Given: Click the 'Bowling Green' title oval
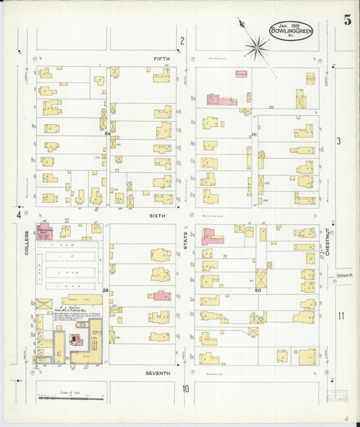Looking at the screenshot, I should pyautogui.click(x=291, y=30).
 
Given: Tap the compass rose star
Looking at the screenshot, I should pyautogui.click(x=257, y=47).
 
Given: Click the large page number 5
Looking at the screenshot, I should pyautogui.click(x=346, y=20).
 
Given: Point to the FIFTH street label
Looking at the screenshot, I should pyautogui.click(x=162, y=59).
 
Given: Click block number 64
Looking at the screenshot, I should pyautogui.click(x=107, y=134).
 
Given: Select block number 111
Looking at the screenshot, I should pyautogui.click(x=254, y=134).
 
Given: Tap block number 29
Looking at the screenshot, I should pyautogui.click(x=105, y=290).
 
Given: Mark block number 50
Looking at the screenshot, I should pyautogui.click(x=257, y=290).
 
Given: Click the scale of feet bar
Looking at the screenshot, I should pyautogui.click(x=70, y=398).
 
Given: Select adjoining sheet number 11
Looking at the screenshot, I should pyautogui.click(x=341, y=316).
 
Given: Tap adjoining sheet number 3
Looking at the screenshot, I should pyautogui.click(x=339, y=141).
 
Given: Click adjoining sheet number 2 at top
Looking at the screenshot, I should pyautogui.click(x=182, y=41).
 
